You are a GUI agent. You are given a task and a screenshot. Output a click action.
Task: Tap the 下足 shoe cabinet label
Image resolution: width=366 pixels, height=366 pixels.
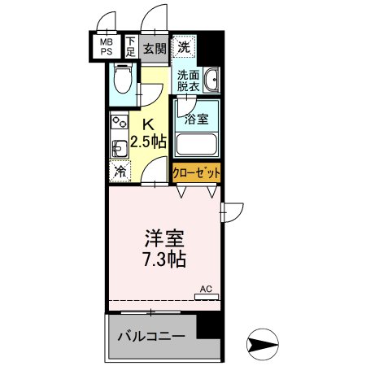(x=130, y=45)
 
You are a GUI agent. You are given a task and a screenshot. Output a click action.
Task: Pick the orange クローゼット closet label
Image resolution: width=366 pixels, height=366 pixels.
(x=196, y=173)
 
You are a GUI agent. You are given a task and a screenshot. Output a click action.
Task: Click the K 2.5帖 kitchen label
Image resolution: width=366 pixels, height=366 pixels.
(x=150, y=133)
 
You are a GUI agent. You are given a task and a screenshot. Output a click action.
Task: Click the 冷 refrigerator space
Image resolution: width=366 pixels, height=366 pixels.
(x=120, y=172)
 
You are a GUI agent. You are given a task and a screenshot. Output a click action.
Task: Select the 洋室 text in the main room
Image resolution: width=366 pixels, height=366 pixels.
(x=163, y=240)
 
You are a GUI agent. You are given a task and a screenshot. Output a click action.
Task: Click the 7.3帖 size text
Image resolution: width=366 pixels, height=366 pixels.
(x=163, y=260)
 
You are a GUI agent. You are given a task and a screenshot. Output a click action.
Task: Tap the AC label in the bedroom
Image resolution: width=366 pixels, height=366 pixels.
(x=206, y=290)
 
